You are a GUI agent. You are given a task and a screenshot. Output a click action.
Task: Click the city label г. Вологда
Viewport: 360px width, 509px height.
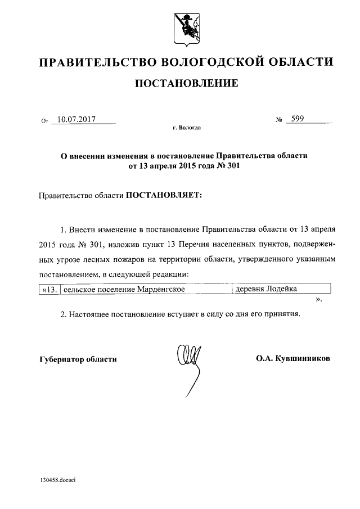click(x=187, y=128)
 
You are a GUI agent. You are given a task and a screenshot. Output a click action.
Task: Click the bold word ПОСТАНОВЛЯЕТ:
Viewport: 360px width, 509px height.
click(x=163, y=195)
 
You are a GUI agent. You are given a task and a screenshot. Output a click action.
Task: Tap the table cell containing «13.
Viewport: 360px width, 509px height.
click(x=49, y=289)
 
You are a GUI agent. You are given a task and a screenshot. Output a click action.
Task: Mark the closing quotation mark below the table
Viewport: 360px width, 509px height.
click(x=319, y=300)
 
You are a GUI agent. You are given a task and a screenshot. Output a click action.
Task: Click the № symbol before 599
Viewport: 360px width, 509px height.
click(x=278, y=120)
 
